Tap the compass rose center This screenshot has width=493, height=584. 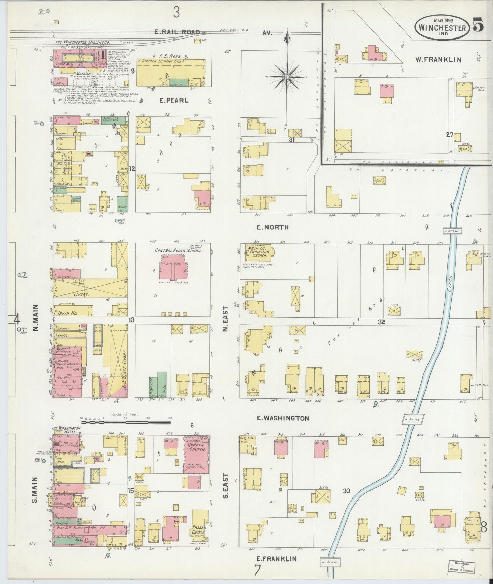coord(287,77)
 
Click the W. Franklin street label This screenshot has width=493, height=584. coord(438,59)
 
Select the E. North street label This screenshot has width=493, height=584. coord(273,227)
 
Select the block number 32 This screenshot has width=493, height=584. coord(381,321)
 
